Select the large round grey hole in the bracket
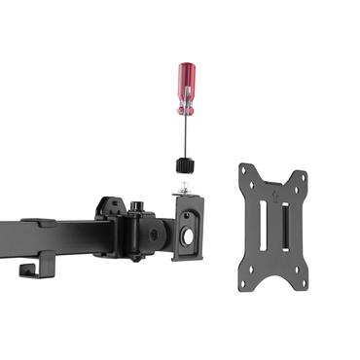(x=187, y=236)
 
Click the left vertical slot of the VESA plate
(x=263, y=230)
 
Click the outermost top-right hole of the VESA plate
(x=303, y=178)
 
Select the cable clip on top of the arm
(x=37, y=222)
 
